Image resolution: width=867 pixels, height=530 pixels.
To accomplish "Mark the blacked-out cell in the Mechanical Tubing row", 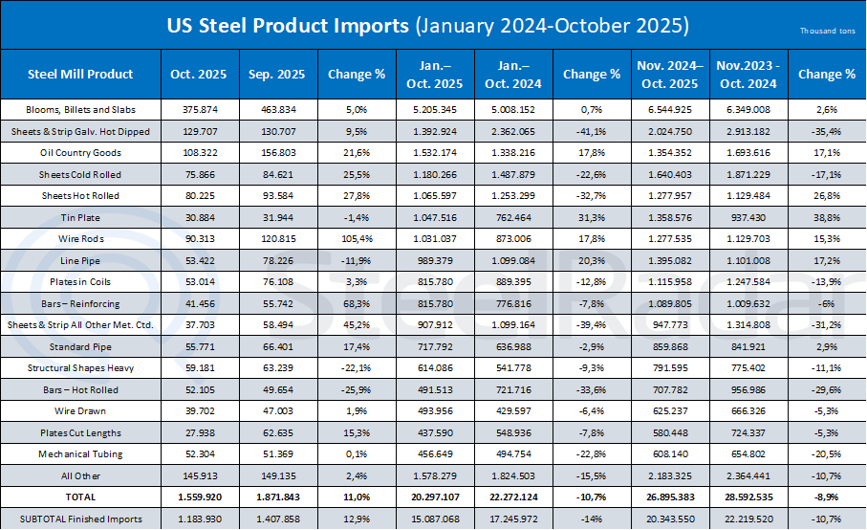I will pos(591,453).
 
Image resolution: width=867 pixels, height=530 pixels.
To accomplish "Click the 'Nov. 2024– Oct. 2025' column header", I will pos(668,74).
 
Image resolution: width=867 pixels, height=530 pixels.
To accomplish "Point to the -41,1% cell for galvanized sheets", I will pos(591,130).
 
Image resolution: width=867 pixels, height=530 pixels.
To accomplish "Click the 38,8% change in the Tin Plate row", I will pos(827,218).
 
